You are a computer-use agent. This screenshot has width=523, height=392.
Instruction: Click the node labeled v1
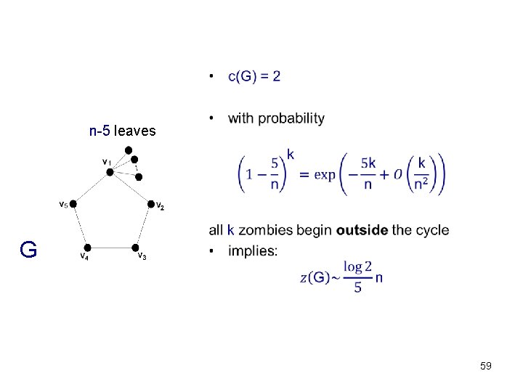point(110,172)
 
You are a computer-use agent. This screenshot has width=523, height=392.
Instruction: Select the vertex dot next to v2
point(151,204)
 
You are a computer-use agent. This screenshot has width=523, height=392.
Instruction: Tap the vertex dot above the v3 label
point(135,248)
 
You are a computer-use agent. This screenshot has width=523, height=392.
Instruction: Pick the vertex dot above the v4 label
point(86,248)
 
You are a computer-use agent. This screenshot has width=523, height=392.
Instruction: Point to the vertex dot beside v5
point(73,204)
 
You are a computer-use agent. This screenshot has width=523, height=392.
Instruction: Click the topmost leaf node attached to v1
point(128,150)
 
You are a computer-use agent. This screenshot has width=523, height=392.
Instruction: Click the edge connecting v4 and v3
point(110,248)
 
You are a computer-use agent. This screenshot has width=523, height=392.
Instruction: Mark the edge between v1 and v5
point(92,188)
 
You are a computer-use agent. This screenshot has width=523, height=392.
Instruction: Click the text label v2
point(161,208)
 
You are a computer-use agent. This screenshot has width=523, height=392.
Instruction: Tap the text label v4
point(84,257)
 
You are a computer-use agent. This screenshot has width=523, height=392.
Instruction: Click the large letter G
point(28,250)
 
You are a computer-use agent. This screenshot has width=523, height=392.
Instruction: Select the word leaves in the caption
point(135,131)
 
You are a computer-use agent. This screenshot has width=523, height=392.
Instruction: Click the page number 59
point(486,367)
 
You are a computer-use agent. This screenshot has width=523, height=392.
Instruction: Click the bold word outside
point(362,230)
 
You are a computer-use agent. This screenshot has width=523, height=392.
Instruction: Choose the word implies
point(252,250)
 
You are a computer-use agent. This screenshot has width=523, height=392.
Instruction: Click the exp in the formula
point(324,175)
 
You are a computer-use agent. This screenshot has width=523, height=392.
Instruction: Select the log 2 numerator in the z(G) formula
point(357,267)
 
